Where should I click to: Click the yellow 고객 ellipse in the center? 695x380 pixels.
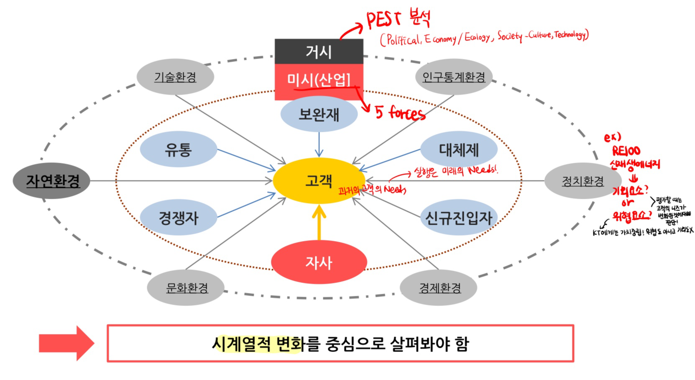click(319, 181)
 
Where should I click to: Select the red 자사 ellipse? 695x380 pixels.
click(319, 262)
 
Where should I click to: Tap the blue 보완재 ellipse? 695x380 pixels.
click(319, 114)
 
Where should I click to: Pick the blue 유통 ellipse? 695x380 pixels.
click(178, 149)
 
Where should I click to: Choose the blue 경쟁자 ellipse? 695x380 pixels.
click(178, 217)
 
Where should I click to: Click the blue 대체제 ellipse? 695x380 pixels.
click(459, 149)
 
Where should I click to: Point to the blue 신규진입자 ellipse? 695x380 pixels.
click(459, 217)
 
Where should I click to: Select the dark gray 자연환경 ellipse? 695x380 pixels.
click(52, 181)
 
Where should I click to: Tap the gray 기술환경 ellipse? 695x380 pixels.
click(175, 77)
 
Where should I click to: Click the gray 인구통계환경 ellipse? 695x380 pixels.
click(454, 77)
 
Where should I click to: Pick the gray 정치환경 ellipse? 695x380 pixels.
click(583, 181)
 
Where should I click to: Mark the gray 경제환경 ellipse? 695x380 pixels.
click(439, 288)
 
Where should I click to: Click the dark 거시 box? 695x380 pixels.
click(319, 51)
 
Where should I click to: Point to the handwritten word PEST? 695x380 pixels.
click(383, 20)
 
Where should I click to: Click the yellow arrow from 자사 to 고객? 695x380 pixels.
click(319, 222)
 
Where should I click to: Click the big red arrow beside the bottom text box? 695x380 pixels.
click(66, 343)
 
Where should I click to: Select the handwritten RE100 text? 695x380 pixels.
click(626, 151)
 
